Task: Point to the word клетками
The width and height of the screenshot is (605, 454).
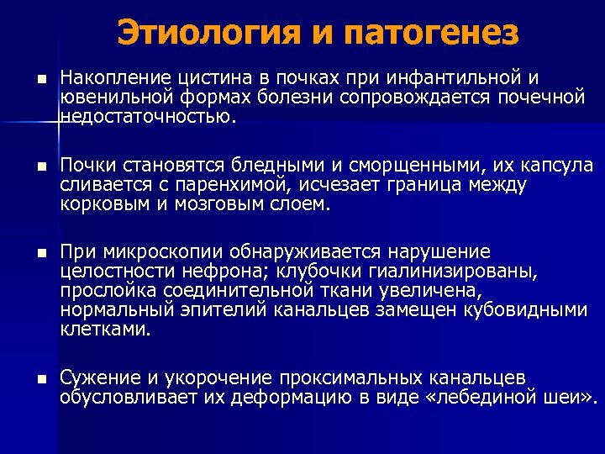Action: [x=106, y=330]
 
